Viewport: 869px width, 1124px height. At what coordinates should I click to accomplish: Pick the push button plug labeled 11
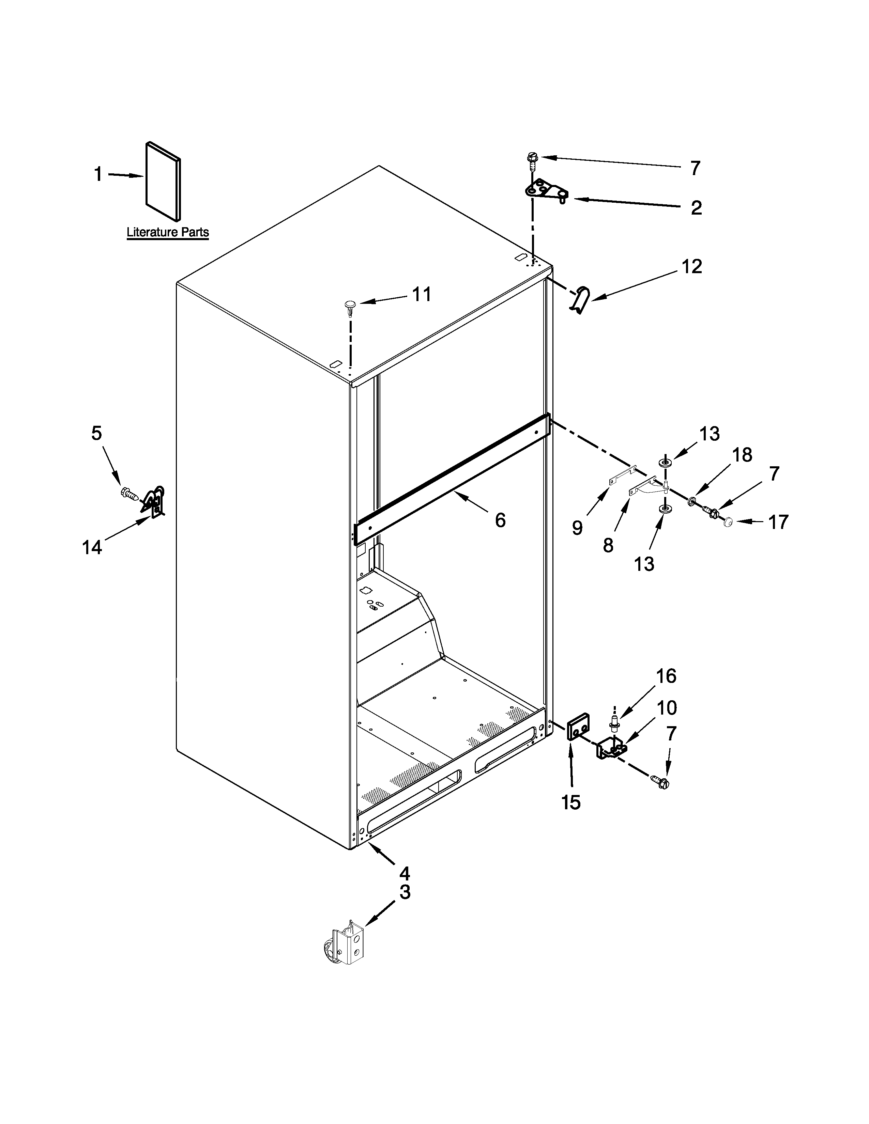point(351,305)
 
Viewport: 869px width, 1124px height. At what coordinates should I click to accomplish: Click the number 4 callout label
point(404,873)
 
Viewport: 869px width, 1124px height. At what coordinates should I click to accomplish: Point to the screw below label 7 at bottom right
point(660,783)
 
